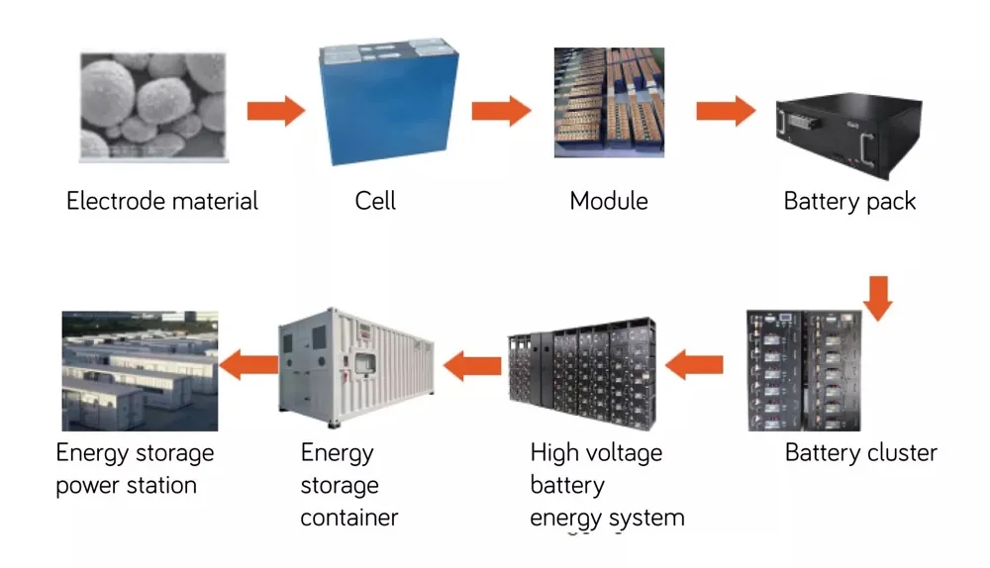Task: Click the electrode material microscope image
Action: click(152, 107)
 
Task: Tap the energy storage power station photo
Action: click(140, 370)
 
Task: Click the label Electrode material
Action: click(161, 201)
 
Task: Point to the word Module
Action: click(608, 201)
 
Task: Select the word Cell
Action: click(375, 201)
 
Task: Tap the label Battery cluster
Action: click(860, 453)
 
